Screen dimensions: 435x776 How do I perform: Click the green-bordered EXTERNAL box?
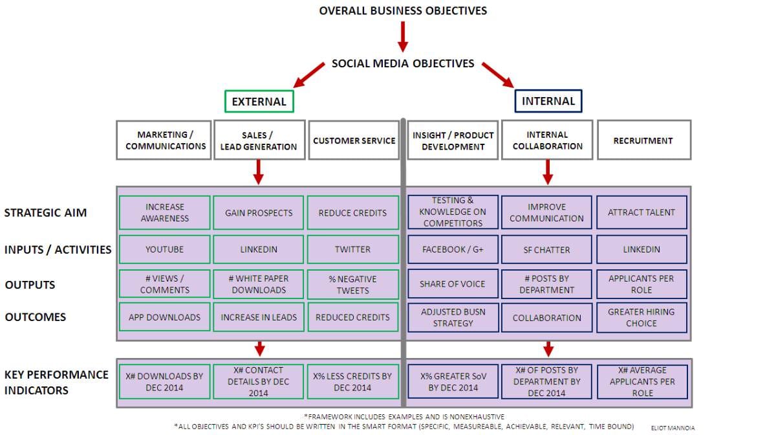point(259,102)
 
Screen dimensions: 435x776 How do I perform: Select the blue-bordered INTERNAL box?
point(548,101)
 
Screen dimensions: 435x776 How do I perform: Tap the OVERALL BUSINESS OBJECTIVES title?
point(403,10)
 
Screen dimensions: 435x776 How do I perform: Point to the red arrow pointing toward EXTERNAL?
point(309,74)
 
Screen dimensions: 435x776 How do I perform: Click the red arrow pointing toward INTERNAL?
point(497,74)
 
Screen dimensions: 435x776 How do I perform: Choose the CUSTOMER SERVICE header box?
point(354,140)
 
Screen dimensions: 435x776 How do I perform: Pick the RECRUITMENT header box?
point(643,140)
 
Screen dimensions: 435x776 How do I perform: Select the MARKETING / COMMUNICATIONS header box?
point(165,140)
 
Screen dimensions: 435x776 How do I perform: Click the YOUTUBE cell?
point(165,249)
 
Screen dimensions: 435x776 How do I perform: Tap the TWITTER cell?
point(352,249)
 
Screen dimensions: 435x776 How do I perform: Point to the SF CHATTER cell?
point(546,249)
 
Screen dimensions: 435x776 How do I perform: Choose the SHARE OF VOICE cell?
point(453,284)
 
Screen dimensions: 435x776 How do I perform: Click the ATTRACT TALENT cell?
point(641,212)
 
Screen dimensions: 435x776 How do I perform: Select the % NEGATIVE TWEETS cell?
point(352,284)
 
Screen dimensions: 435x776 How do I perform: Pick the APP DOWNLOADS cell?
point(165,317)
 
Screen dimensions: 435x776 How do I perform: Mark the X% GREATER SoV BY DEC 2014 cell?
point(453,382)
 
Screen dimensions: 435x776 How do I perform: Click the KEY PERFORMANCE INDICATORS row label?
point(56,382)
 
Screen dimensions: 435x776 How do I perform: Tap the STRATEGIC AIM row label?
point(45,212)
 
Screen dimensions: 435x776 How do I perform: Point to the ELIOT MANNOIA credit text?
point(673,428)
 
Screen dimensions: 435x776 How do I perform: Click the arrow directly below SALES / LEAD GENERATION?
point(259,172)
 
